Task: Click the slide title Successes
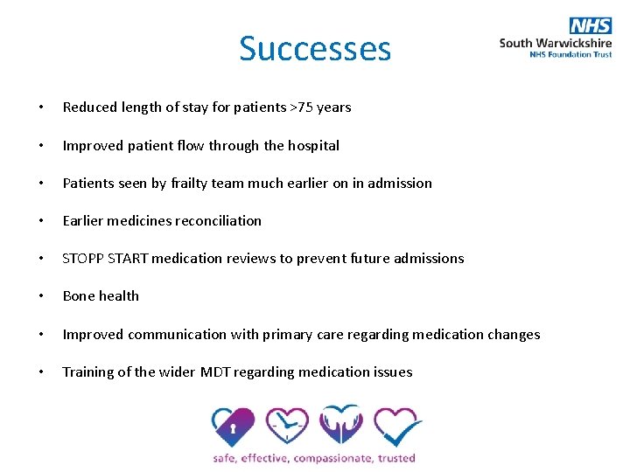(x=315, y=49)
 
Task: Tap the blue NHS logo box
(x=591, y=25)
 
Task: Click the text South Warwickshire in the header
(x=555, y=43)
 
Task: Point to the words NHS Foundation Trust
(x=570, y=54)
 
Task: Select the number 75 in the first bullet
(x=304, y=108)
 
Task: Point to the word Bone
(x=78, y=296)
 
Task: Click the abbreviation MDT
(x=216, y=372)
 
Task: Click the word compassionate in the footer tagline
(x=333, y=458)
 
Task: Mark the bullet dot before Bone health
(x=41, y=296)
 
